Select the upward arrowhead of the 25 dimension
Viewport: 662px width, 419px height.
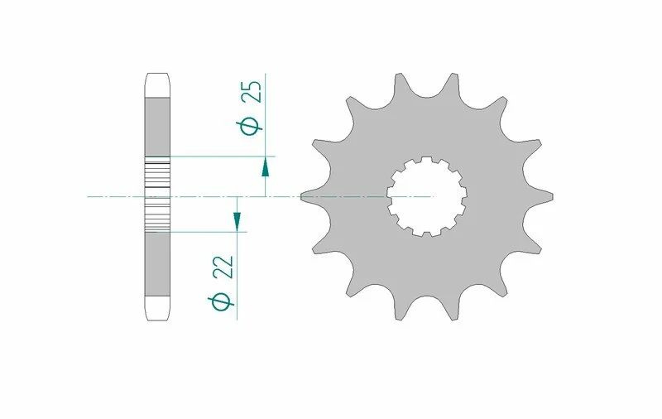[265, 168]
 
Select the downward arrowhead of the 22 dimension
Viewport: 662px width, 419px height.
[237, 220]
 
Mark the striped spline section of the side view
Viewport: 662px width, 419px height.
[158, 196]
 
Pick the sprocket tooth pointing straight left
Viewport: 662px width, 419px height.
[308, 196]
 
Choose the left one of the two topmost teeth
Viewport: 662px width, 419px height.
[400, 81]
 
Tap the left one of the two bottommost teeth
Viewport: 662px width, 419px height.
[401, 312]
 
